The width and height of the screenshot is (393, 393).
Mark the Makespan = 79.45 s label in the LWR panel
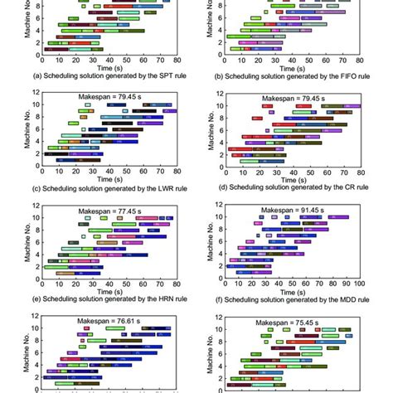pyautogui.click(x=108, y=97)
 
